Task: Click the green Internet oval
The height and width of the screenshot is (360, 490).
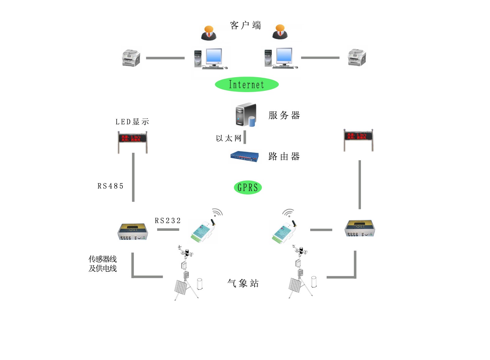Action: click(247, 84)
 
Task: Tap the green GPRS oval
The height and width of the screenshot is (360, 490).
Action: click(248, 187)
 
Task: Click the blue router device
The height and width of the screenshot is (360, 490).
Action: click(244, 157)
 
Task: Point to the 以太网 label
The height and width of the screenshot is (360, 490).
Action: click(229, 138)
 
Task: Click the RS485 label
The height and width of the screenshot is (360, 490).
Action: click(110, 186)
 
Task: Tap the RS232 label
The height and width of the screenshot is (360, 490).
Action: click(168, 221)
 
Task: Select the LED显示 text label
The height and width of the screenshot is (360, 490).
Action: click(132, 122)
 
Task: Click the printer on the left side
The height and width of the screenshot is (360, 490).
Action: click(131, 58)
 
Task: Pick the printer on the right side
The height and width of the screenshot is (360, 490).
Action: click(357, 57)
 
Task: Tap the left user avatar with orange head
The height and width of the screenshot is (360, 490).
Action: click(208, 33)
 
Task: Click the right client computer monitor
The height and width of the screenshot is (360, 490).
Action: click(284, 56)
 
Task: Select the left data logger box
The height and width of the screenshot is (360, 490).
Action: click(133, 231)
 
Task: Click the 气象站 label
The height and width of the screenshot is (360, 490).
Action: click(243, 283)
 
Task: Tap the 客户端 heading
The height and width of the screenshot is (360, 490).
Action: click(245, 25)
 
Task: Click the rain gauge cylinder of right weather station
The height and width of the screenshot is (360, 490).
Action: click(314, 282)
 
